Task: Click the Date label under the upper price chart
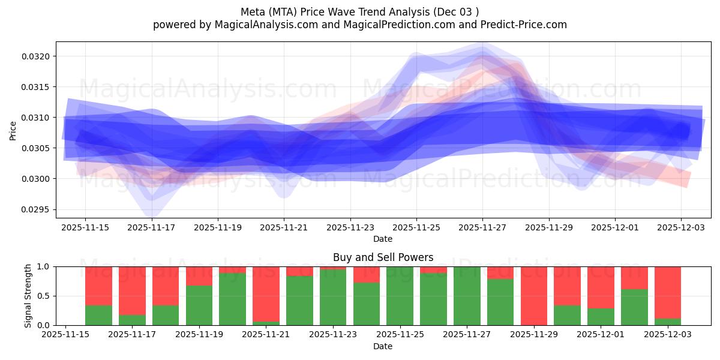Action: coord(383,239)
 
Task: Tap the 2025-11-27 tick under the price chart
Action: coord(482,227)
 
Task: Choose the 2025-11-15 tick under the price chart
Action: coord(85,227)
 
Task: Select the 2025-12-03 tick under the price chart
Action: coord(680,227)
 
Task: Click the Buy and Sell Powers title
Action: coord(383,257)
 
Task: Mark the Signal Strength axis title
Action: coord(28,296)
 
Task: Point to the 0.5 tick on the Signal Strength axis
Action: coord(44,296)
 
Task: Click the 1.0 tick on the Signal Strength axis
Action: coord(44,266)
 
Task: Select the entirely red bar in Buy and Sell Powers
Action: coord(533,296)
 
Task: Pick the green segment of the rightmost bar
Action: coord(667,322)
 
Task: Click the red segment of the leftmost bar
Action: coord(98,286)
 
